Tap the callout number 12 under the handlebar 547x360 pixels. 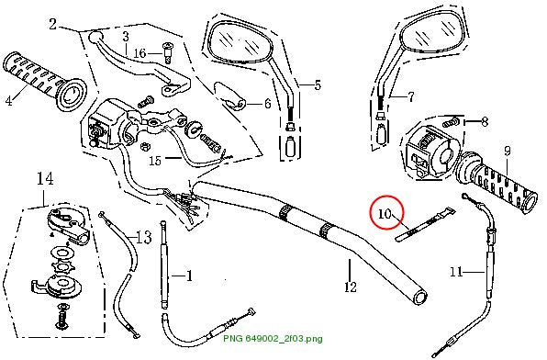pyautogui.click(x=351, y=287)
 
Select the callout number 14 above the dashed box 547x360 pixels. pyautogui.click(x=45, y=179)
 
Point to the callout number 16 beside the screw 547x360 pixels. pyautogui.click(x=140, y=53)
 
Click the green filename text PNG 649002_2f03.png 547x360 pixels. pyautogui.click(x=273, y=338)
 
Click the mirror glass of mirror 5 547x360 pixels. pyautogui.click(x=239, y=43)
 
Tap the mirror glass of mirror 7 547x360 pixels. pyautogui.click(x=433, y=33)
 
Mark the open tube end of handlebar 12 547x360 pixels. pyautogui.click(x=420, y=298)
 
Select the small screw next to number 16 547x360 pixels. pyautogui.click(x=167, y=52)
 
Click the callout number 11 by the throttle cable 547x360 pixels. pyautogui.click(x=456, y=271)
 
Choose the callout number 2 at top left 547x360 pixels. pyautogui.click(x=52, y=25)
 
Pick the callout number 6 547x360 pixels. pyautogui.click(x=268, y=104)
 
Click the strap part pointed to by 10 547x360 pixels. pyautogui.click(x=425, y=224)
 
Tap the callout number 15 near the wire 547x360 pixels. pyautogui.click(x=156, y=161)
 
